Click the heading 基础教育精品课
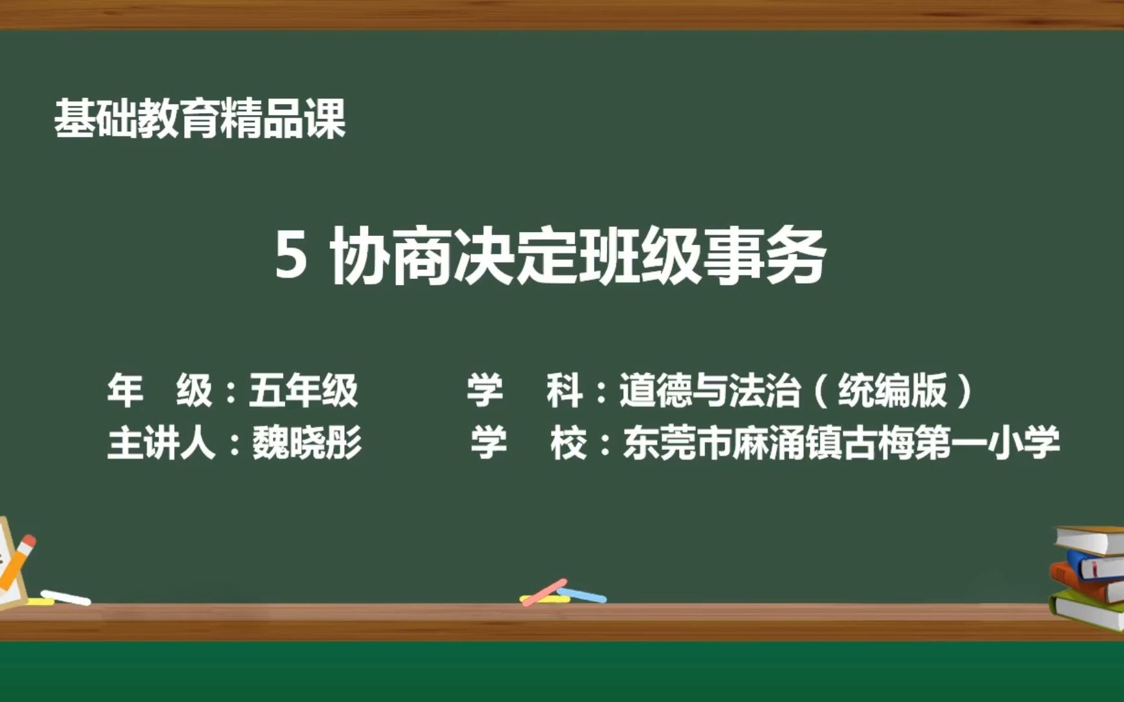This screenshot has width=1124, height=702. click(199, 118)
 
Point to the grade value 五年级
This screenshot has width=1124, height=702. click(303, 390)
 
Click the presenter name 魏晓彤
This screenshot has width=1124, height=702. click(307, 443)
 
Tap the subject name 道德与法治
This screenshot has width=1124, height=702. click(709, 390)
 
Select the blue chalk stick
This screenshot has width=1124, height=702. click(582, 595)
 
